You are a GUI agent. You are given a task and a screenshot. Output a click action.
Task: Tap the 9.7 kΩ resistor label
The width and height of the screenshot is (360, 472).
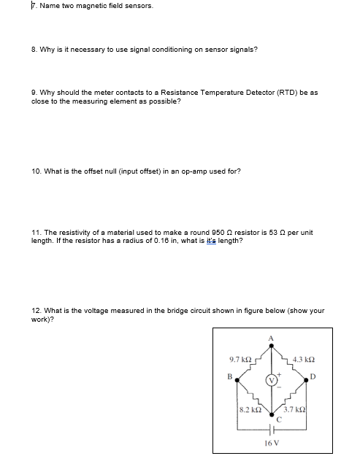(x=240, y=359)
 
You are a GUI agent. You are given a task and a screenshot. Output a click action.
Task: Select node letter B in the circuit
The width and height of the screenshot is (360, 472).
(x=229, y=378)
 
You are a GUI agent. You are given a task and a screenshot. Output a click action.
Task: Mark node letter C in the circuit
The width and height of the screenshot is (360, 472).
(x=277, y=419)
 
